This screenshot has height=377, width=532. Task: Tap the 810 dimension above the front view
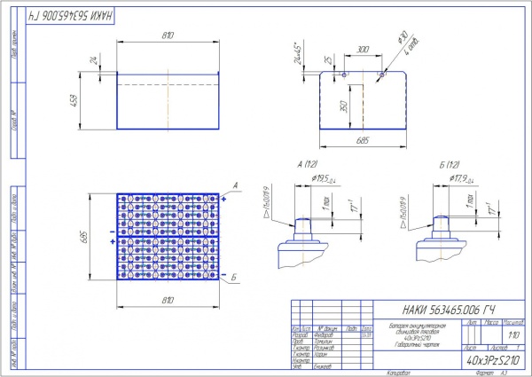pyautogui.click(x=168, y=35)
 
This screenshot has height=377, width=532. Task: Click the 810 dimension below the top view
pyautogui.click(x=168, y=300)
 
